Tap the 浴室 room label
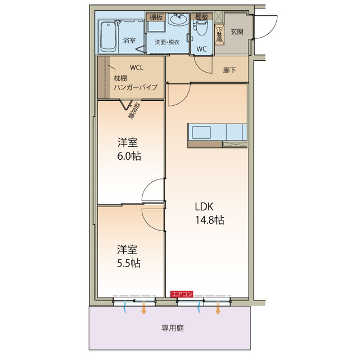coord(130,40)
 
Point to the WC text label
coord(201,48)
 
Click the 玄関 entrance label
coord(237,32)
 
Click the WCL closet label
coord(137,67)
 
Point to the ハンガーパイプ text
coord(136,87)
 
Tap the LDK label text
coord(205,206)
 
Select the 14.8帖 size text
coord(209,220)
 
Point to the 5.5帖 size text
coord(129,263)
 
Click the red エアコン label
coord(182,294)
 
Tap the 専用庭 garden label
coord(173,328)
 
